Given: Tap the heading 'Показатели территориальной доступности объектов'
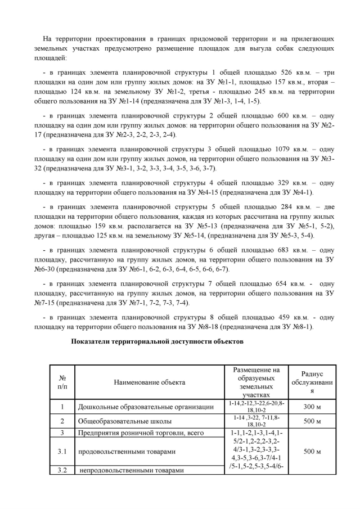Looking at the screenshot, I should (157, 341).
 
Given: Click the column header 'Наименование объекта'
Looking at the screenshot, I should (149, 382).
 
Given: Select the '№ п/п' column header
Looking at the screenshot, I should (62, 382).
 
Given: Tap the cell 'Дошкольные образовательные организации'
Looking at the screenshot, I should (146, 407).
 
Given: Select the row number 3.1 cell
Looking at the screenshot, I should (62, 452).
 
